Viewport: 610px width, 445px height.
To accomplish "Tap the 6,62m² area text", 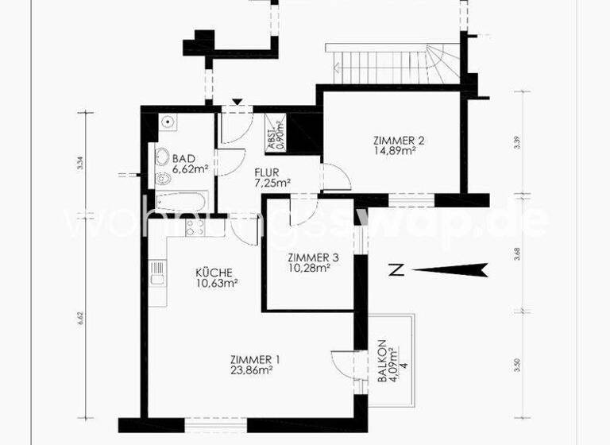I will (x=191, y=169).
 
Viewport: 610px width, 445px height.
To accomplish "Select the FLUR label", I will (x=265, y=172).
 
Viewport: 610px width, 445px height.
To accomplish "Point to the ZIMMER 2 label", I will (x=399, y=141).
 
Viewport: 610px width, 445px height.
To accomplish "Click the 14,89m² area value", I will (x=399, y=151).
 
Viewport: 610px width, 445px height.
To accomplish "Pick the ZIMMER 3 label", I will (x=313, y=257).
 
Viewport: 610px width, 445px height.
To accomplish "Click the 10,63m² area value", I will (x=218, y=283).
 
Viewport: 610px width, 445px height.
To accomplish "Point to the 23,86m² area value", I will (x=252, y=369).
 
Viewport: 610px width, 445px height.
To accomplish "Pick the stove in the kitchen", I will (x=195, y=227).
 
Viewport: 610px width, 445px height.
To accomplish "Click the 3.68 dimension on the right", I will (x=517, y=253).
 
